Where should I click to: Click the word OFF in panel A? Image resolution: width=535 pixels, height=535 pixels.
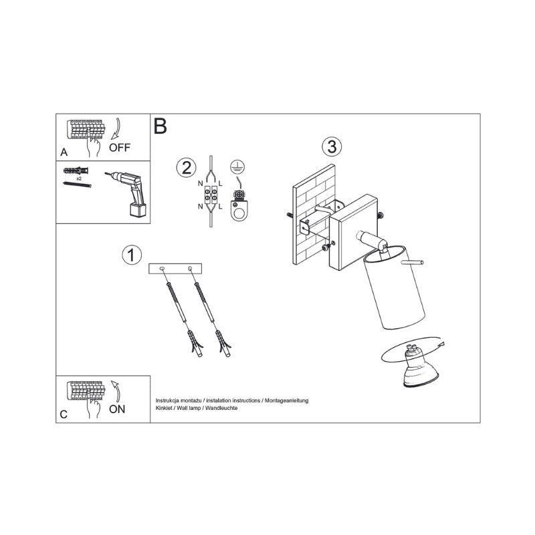pyautogui.click(x=120, y=147)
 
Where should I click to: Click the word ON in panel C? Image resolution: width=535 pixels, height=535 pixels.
pyautogui.click(x=117, y=409)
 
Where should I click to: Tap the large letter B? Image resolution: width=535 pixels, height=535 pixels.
pyautogui.click(x=160, y=126)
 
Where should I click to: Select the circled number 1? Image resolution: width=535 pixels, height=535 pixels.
pyautogui.click(x=132, y=255)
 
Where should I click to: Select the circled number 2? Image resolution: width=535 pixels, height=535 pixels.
pyautogui.click(x=187, y=168)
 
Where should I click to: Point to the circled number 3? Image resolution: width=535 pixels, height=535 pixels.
pyautogui.click(x=332, y=146)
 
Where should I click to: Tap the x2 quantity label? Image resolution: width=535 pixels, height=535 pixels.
pyautogui.click(x=79, y=179)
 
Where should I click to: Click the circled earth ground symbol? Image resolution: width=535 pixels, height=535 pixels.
pyautogui.click(x=237, y=167)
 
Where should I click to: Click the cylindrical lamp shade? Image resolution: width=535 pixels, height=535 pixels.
pyautogui.click(x=394, y=288)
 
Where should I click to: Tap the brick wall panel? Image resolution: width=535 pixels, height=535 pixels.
pyautogui.click(x=314, y=214)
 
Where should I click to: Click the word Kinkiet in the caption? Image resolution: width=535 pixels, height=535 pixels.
pyautogui.click(x=164, y=408)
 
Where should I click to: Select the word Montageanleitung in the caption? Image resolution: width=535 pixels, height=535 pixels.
pyautogui.click(x=287, y=401)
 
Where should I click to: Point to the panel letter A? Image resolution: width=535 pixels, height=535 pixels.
pyautogui.click(x=64, y=152)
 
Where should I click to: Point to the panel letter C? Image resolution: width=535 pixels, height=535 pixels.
pyautogui.click(x=64, y=414)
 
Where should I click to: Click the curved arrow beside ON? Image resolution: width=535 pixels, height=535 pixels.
pyautogui.click(x=116, y=391)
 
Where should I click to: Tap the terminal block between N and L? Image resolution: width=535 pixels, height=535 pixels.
pyautogui.click(x=211, y=195)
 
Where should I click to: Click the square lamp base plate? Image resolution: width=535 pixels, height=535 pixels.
pyautogui.click(x=353, y=232)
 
